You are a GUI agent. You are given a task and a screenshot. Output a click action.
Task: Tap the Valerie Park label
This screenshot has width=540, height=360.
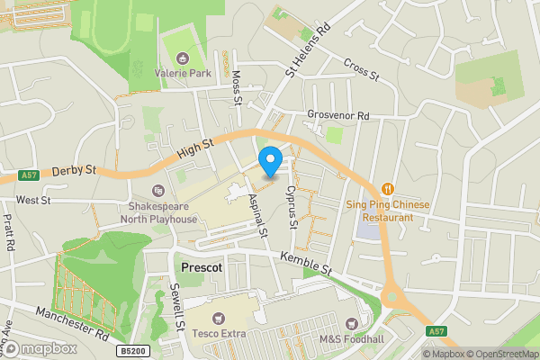183,72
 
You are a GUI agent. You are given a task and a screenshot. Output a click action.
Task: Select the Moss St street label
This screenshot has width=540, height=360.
237,87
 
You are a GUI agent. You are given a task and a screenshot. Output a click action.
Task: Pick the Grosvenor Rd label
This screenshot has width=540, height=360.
337,115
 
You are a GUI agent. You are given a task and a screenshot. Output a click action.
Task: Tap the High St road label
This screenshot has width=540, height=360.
194,147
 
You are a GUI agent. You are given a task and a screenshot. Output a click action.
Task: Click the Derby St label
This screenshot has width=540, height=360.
73,169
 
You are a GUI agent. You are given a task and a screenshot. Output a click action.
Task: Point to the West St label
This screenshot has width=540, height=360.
33,200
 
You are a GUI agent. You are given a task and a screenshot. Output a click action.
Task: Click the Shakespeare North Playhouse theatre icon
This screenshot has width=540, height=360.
158,190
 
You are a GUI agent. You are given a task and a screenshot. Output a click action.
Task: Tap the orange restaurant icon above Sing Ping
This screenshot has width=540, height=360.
387,189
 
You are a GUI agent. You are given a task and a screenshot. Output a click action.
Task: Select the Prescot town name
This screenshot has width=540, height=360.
202,268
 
